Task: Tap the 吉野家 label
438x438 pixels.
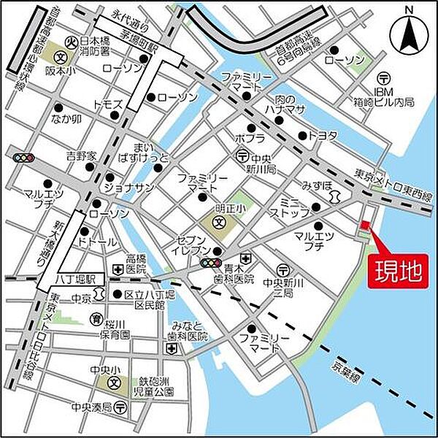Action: pos(80,155)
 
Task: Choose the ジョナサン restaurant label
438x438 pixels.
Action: pos(128,187)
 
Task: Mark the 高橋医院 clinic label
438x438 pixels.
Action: pos(136,264)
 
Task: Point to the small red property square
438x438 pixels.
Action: pos(366,224)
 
